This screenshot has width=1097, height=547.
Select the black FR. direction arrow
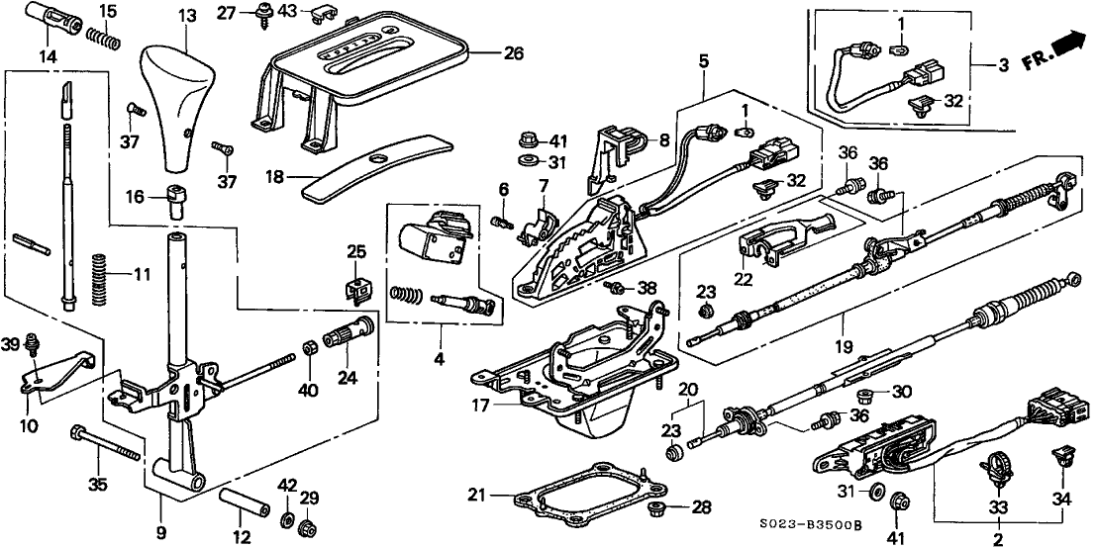point(1064,46)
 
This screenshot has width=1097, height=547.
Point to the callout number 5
point(703,59)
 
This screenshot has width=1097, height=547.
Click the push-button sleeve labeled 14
point(48,20)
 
